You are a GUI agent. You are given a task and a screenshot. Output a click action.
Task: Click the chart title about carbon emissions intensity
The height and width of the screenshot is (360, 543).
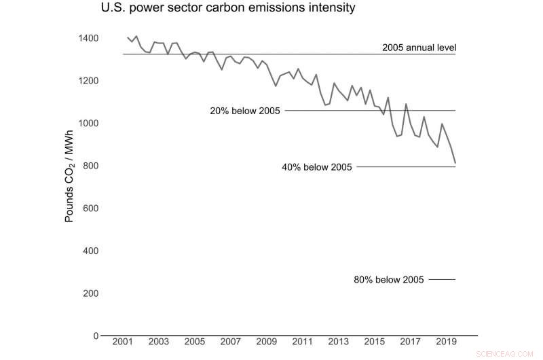(228, 9)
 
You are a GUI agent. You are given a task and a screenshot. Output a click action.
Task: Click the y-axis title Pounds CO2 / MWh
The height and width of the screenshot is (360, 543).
(69, 178)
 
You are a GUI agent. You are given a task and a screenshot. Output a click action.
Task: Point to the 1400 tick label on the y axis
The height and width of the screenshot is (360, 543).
(88, 38)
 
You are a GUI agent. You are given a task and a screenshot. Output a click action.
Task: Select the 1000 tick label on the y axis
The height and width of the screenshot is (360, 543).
(88, 123)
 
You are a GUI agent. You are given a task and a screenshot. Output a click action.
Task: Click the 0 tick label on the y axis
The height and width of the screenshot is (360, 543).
(96, 336)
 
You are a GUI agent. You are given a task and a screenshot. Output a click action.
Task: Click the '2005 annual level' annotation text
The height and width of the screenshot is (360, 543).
(419, 48)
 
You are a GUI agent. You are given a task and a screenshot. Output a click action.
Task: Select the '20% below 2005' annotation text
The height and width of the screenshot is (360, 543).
(246, 111)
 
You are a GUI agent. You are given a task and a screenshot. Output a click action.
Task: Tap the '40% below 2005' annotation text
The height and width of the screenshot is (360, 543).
(317, 167)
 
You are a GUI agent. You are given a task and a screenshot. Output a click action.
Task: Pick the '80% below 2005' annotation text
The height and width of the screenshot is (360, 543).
(389, 279)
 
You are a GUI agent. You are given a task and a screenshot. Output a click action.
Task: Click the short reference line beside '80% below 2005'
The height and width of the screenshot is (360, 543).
(442, 279)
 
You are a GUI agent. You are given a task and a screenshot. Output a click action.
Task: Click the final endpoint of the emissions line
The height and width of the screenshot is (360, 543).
(455, 163)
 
